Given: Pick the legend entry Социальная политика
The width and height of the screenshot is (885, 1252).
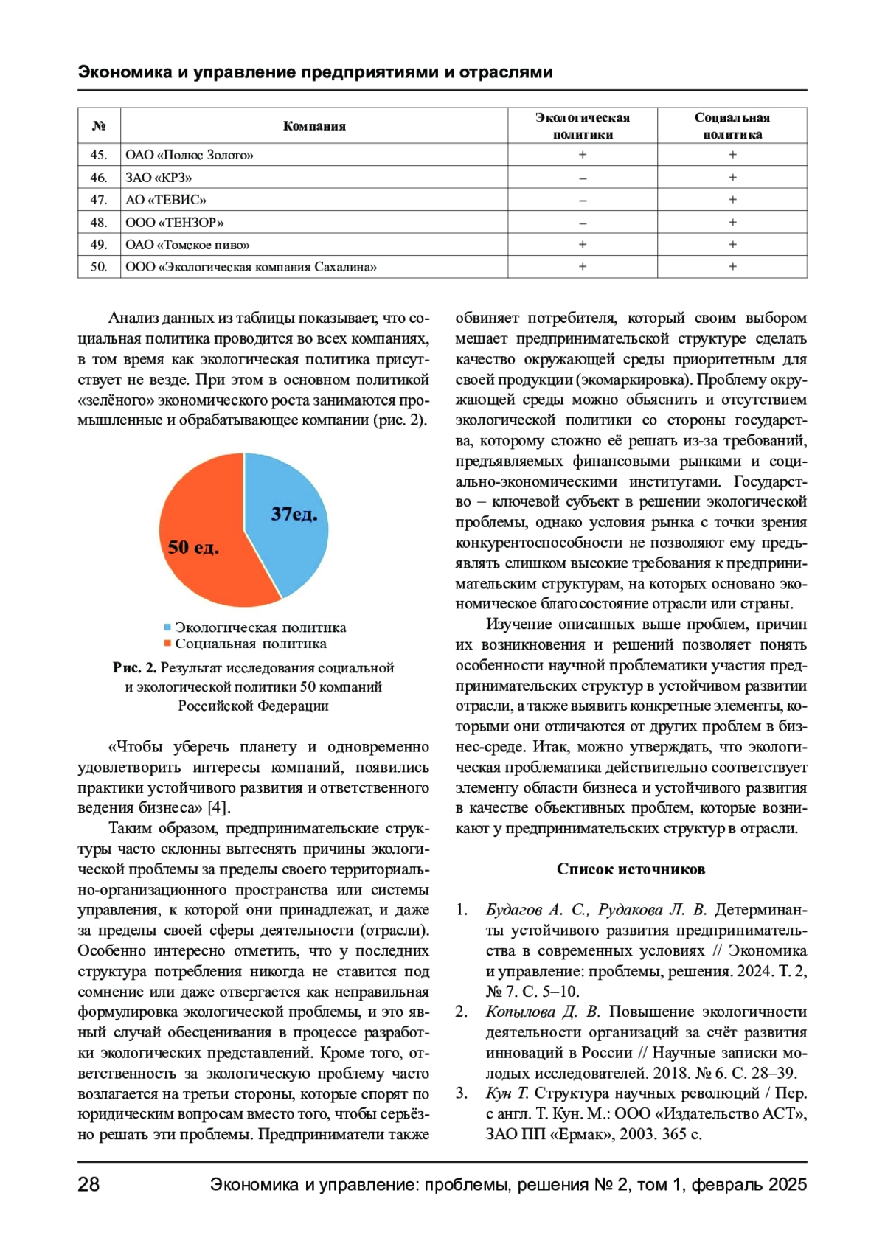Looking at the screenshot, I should tap(250, 644).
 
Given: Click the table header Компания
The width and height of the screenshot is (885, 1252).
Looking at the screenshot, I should tap(314, 126).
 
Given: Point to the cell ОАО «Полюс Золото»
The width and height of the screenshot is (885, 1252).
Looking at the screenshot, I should tap(190, 155).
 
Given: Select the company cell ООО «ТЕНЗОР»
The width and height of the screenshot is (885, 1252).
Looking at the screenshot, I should tap(175, 222).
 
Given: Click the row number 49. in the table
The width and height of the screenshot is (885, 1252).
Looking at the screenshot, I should tap(99, 245).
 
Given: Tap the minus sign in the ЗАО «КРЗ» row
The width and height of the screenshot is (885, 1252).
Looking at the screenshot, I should tap(583, 178).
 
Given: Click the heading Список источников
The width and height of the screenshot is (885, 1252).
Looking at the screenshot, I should tap(631, 869).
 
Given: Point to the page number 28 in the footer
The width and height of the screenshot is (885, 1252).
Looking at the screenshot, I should tap(88, 1184).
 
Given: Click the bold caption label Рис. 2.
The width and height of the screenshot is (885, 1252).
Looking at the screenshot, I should tap(135, 668).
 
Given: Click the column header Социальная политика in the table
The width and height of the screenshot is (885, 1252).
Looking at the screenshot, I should tap(732, 126).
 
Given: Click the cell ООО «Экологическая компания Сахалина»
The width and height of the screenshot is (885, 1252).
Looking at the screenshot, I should tap(251, 267).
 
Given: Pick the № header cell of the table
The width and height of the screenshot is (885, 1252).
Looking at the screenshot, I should tap(99, 126).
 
